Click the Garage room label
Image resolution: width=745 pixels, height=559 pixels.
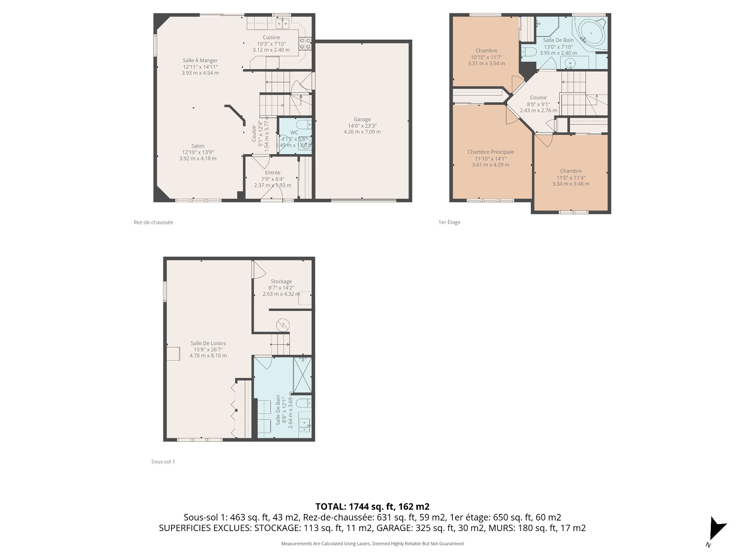point(362,120)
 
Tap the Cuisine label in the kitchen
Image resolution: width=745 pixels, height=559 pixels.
point(271,37)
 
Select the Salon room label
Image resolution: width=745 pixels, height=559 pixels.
point(198,146)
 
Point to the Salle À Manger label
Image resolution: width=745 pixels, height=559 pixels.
point(200,61)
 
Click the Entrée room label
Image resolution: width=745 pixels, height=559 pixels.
point(272,173)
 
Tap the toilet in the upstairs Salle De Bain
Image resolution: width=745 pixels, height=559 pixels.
point(528,52)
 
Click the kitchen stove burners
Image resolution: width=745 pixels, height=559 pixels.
point(305,43)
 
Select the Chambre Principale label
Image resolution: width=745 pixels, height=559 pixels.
point(490,152)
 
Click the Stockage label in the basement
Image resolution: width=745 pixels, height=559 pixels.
point(281,281)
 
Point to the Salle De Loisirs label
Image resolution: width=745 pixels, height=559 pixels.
point(208,343)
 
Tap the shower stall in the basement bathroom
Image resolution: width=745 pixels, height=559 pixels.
point(303,375)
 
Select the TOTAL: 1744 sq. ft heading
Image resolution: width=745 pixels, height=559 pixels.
point(372,507)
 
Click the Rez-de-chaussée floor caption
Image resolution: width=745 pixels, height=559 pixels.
point(153,222)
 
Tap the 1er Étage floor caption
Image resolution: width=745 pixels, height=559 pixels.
point(449,222)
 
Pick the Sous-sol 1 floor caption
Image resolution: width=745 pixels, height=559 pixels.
point(163,462)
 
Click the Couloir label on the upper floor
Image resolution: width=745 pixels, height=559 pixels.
point(538,98)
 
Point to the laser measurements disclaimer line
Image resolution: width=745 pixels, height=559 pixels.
point(372,544)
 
